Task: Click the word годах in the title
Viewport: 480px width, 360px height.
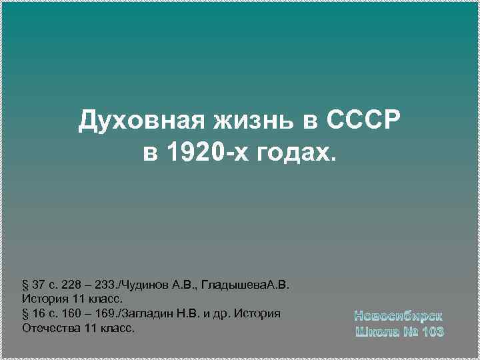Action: [292, 153]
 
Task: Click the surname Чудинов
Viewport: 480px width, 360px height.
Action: [141, 286]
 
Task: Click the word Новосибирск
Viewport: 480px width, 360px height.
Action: [398, 315]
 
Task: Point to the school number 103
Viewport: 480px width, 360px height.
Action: [433, 331]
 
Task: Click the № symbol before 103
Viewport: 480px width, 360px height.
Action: [410, 331]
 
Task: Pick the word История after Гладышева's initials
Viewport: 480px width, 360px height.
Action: [44, 300]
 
